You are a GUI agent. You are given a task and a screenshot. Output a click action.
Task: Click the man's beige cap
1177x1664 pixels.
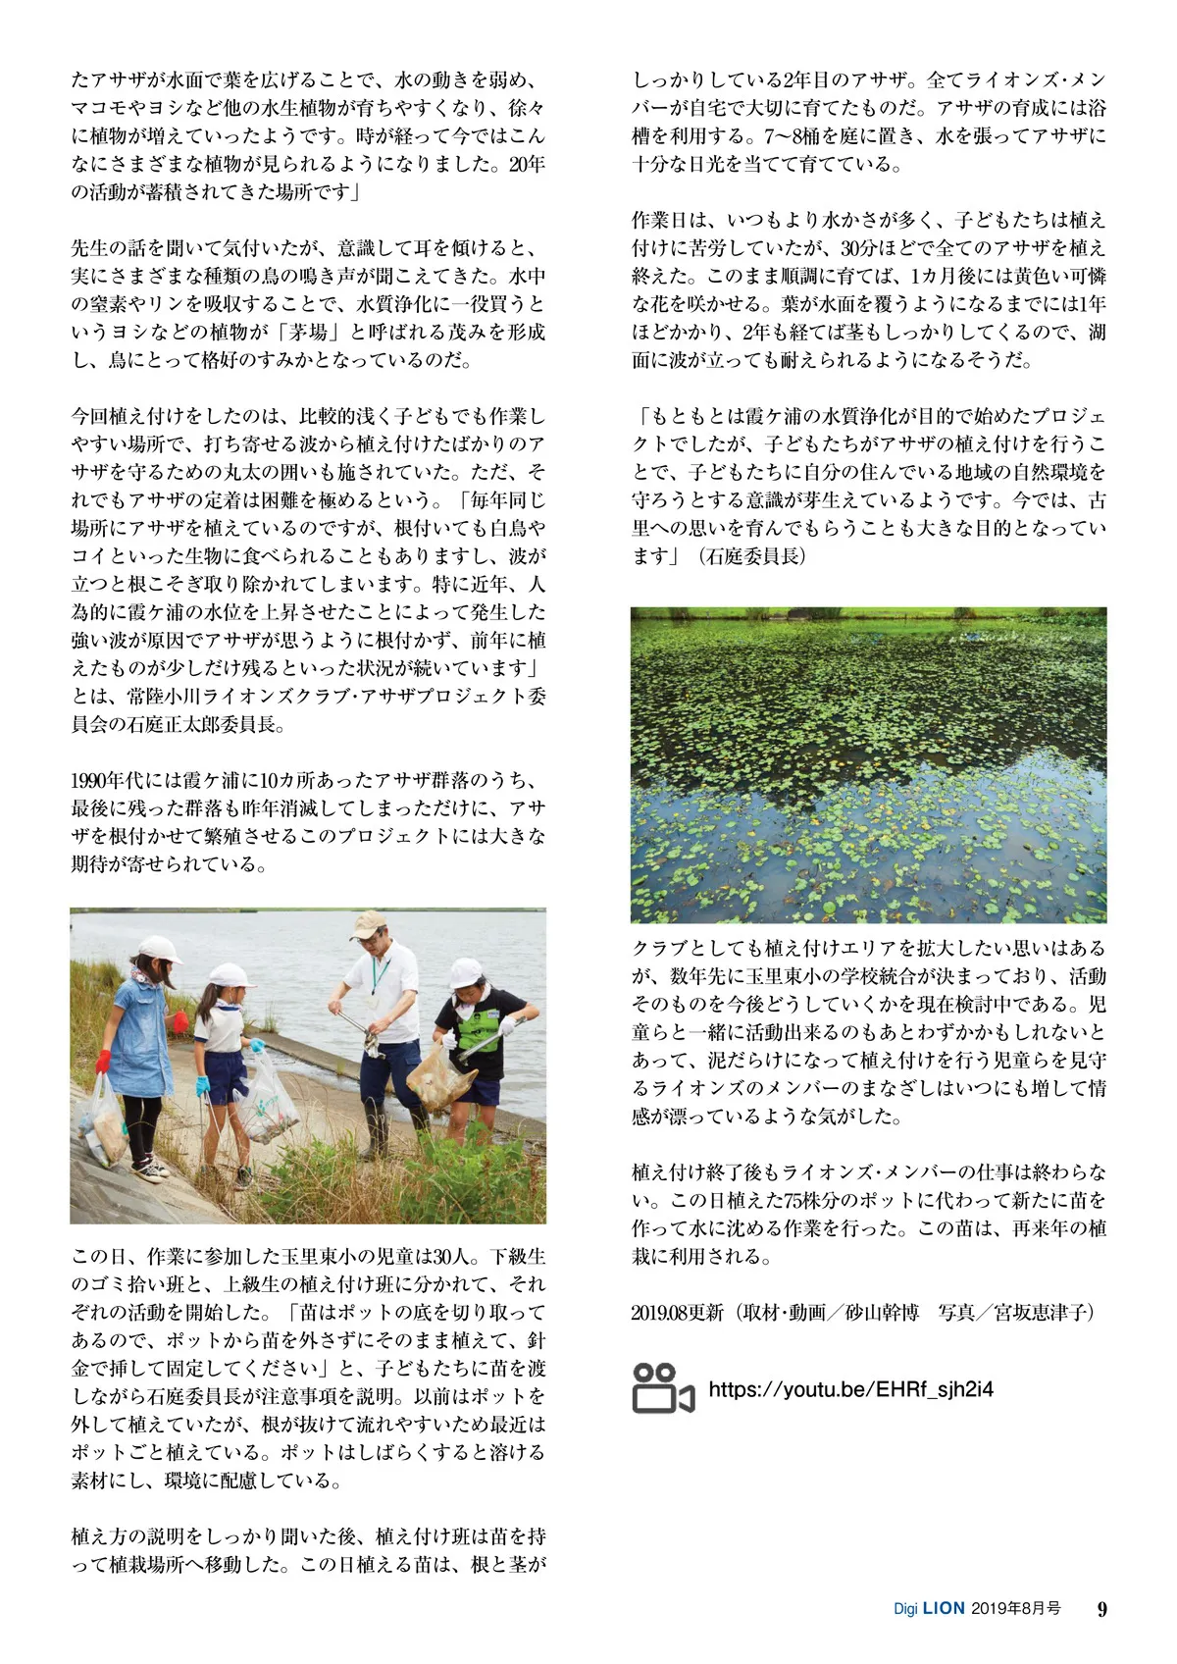(x=369, y=923)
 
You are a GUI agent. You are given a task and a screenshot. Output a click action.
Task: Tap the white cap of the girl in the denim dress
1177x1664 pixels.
(x=159, y=949)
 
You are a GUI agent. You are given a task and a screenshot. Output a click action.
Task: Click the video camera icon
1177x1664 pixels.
(x=662, y=1388)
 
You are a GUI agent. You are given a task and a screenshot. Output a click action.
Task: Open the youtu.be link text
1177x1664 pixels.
(x=850, y=1388)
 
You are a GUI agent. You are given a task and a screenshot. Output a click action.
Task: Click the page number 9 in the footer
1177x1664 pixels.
(x=1101, y=1609)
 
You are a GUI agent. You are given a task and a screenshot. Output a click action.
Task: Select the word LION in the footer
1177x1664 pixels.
(x=944, y=1609)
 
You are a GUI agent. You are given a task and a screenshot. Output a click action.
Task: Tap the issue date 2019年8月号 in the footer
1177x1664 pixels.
(x=1016, y=1609)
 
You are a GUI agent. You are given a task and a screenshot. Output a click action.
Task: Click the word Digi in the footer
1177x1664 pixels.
(x=904, y=1610)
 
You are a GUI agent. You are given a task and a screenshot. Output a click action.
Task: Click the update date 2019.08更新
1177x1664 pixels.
(x=677, y=1312)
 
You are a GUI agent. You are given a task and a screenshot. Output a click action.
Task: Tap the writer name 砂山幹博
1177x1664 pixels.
(x=882, y=1312)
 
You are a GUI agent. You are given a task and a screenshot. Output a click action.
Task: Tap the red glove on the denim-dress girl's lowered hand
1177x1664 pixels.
(x=103, y=1061)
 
